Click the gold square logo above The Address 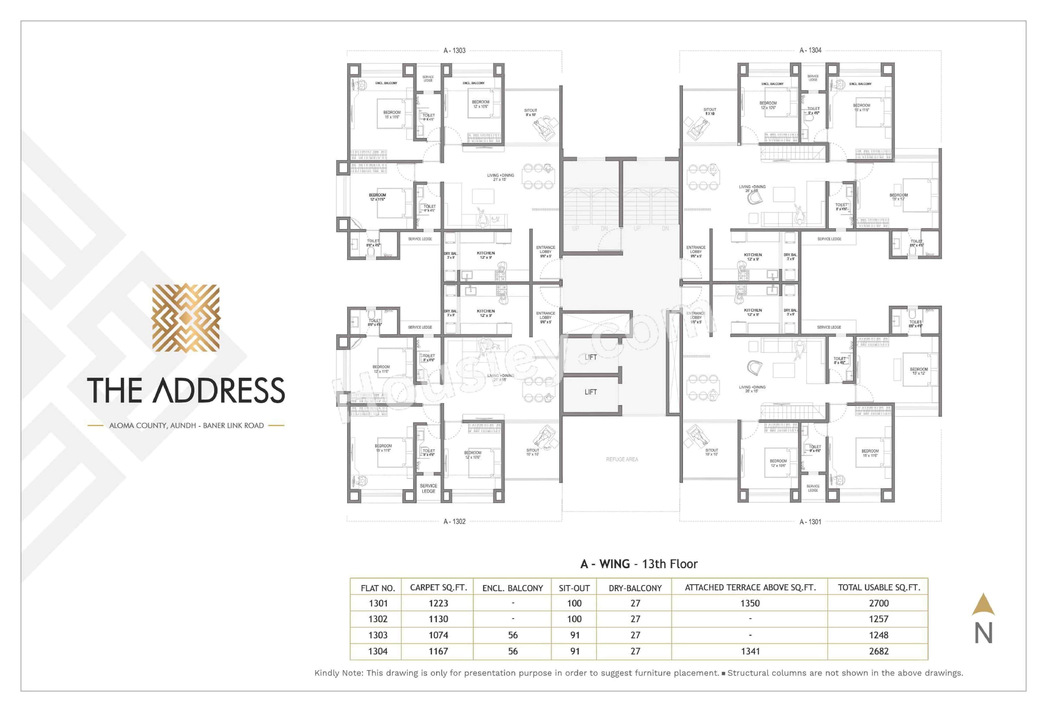coord(186,318)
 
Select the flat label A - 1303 coord(454,50)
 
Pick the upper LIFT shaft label coord(590,357)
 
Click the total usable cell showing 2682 coord(878,651)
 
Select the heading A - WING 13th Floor coord(639,564)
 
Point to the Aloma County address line coord(186,425)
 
